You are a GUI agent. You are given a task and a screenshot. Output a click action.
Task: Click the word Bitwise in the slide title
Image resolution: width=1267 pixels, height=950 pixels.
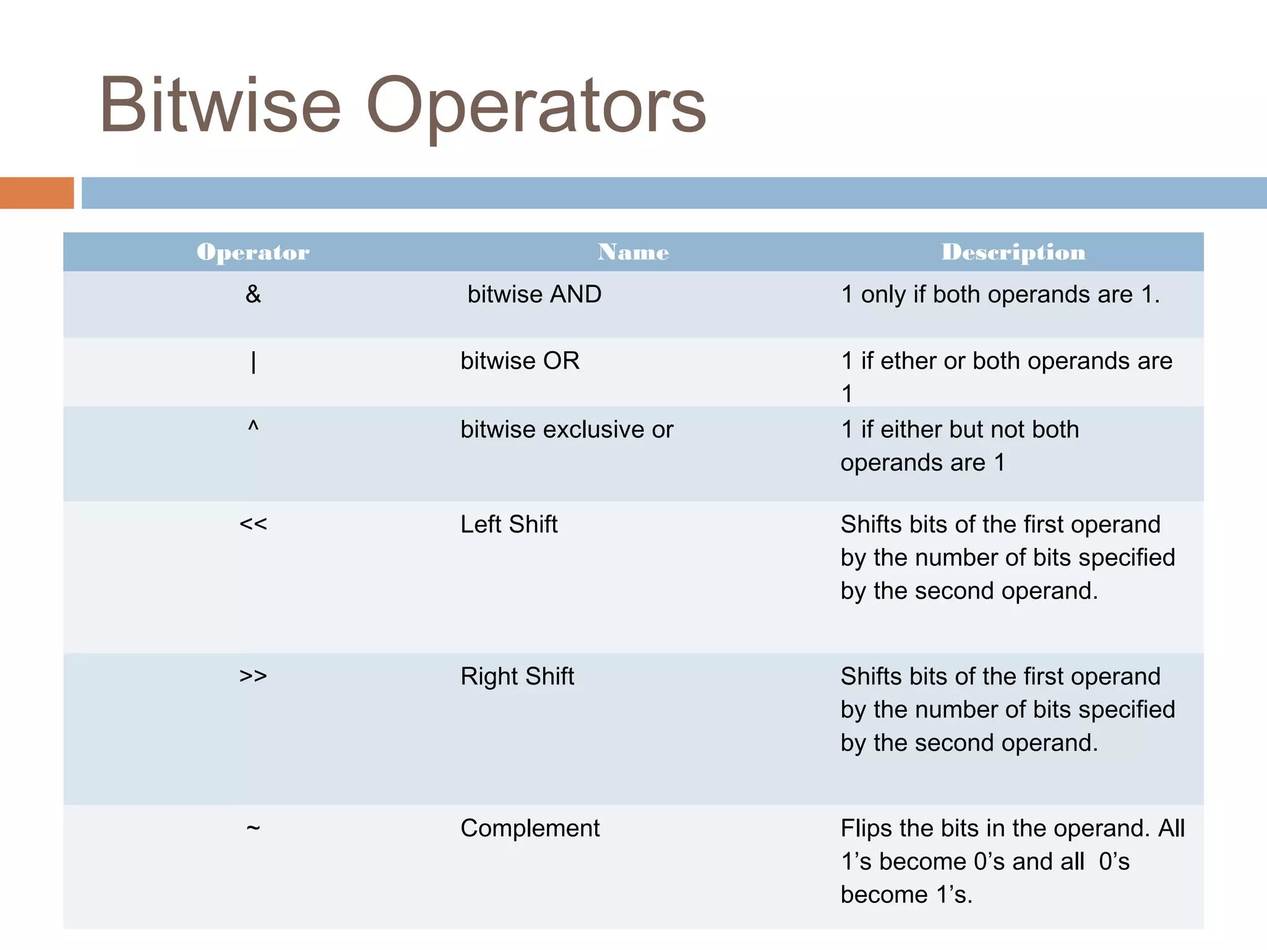pos(220,105)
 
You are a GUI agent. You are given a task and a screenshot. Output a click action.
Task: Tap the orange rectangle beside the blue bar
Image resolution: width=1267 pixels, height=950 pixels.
pos(37,193)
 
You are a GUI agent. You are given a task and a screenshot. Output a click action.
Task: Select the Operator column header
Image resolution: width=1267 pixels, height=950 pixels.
pos(253,252)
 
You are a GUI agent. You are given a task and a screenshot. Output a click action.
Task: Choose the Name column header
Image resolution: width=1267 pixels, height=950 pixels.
pos(633,252)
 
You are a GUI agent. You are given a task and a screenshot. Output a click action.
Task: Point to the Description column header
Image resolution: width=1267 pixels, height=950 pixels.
pos(1013,252)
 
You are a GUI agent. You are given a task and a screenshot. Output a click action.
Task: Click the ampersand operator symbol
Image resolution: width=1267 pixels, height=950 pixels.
pos(253,294)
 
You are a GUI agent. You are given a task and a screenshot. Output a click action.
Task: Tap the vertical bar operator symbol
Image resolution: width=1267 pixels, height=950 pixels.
pos(253,362)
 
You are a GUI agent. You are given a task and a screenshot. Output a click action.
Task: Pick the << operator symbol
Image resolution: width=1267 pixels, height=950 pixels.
pos(253,524)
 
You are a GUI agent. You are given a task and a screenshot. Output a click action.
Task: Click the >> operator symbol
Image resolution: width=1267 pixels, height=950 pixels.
pos(253,676)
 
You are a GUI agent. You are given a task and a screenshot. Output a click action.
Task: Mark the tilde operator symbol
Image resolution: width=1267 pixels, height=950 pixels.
pos(253,828)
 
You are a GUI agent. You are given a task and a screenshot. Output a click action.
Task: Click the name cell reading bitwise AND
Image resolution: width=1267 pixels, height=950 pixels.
pos(534,294)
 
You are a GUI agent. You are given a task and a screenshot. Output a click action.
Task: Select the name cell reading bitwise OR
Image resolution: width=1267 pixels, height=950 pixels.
pos(520,361)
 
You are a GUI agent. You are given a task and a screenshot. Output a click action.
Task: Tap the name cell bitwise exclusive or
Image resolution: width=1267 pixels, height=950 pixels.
pos(567,430)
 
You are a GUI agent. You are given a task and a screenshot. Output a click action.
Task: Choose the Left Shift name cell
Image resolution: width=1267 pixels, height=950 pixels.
pos(509,524)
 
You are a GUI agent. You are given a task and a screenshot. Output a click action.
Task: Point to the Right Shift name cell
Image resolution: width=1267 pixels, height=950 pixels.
pos(517,677)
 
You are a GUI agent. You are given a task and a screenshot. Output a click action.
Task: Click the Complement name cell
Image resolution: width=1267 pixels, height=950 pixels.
pos(530,829)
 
